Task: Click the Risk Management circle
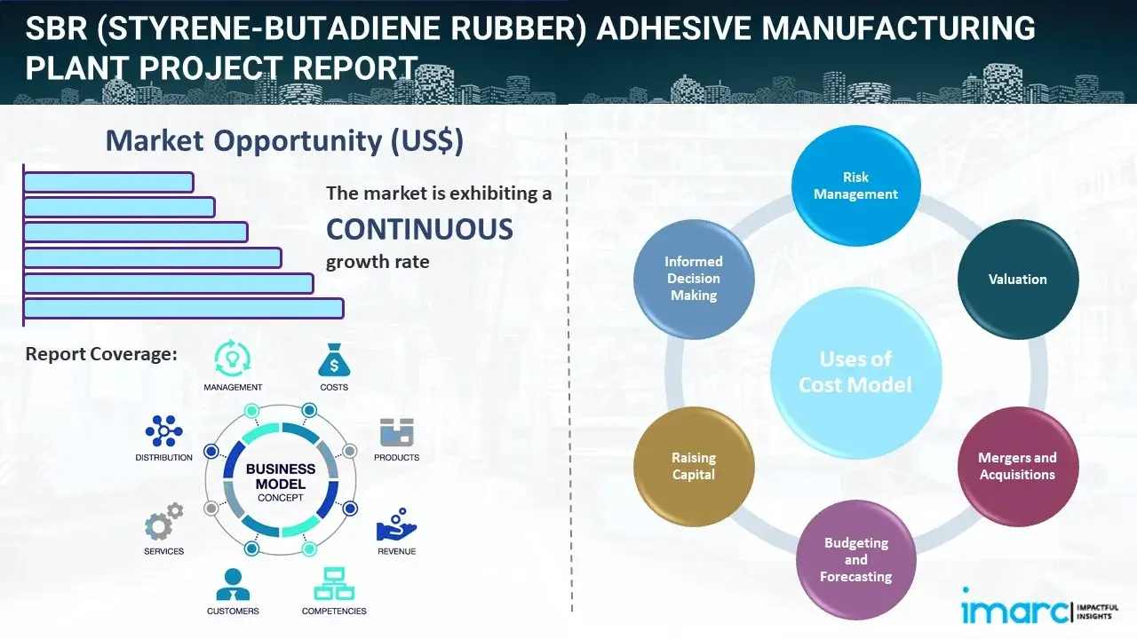[x=855, y=186]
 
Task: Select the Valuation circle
[x=1017, y=280]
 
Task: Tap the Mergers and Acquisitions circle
[x=1017, y=466]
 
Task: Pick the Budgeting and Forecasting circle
[x=855, y=559]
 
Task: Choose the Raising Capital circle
[x=694, y=466]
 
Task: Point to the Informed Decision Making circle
[x=694, y=279]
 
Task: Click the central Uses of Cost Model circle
[x=855, y=372]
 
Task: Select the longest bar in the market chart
[x=183, y=308]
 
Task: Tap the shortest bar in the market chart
[x=108, y=182]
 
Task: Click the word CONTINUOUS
[x=419, y=230]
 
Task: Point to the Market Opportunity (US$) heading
[x=284, y=141]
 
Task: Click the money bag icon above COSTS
[x=334, y=360]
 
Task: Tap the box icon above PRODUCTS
[x=396, y=433]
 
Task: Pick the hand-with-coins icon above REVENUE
[x=396, y=525]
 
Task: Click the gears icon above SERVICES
[x=163, y=524]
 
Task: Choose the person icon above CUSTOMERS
[x=233, y=585]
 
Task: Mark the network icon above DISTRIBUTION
[x=163, y=431]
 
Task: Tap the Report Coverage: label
[x=101, y=354]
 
